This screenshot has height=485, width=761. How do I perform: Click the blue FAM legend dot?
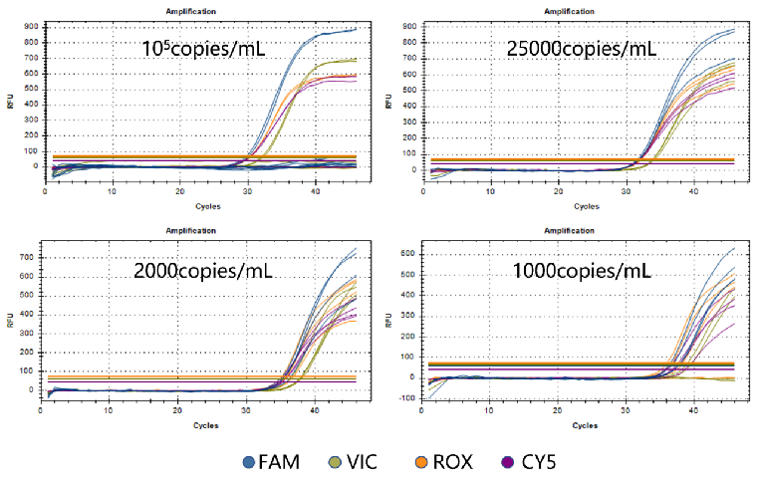(x=250, y=462)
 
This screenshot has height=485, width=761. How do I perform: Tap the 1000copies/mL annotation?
(x=585, y=269)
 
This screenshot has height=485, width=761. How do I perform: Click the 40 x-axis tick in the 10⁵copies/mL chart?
(x=315, y=190)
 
